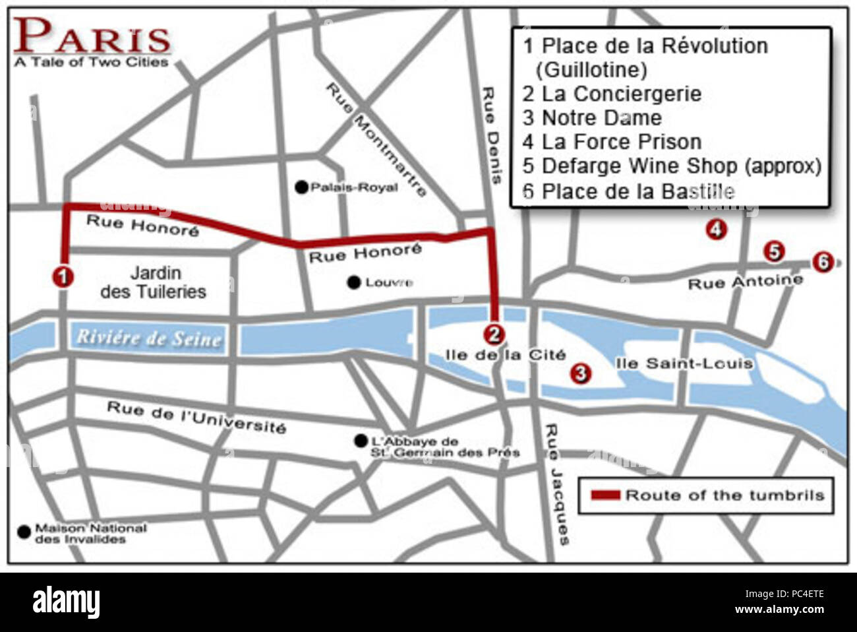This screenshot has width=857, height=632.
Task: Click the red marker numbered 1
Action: [63, 276]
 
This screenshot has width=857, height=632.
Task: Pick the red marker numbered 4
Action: [716, 230]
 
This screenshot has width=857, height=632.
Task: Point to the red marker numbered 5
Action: [774, 251]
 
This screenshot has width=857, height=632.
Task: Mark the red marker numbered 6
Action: [821, 262]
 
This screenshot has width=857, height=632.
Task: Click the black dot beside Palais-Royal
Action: [301, 187]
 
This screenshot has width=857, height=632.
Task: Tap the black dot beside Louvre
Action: [355, 282]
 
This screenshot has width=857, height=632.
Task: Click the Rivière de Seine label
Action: [148, 338]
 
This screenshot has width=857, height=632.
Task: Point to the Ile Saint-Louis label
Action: [683, 363]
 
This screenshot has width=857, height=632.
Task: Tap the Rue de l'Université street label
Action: [196, 418]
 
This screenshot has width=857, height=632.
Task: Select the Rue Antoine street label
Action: [745, 282]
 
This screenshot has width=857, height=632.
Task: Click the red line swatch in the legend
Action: [605, 495]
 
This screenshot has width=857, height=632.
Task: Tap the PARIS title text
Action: [92, 36]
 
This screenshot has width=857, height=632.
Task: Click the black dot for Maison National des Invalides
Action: [24, 530]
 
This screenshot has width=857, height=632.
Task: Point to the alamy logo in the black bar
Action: [66, 602]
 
